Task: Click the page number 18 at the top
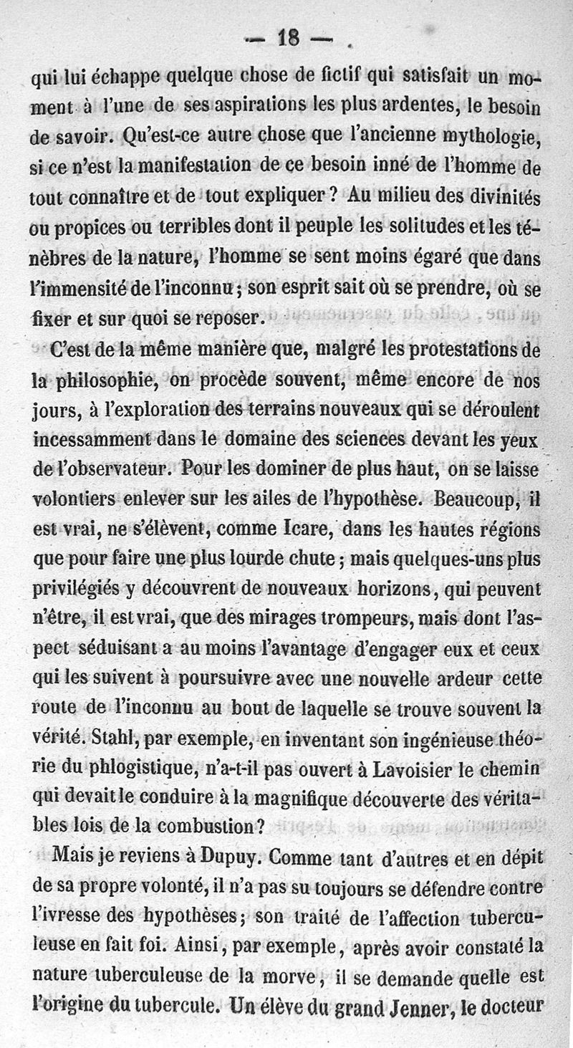pos(289,39)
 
